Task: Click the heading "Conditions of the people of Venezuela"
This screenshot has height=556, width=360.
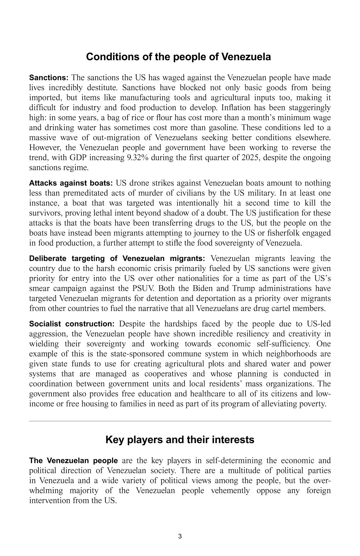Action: click(x=178, y=57)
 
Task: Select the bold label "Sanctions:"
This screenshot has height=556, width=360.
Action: click(x=49, y=78)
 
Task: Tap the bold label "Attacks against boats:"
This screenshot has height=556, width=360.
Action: click(x=71, y=183)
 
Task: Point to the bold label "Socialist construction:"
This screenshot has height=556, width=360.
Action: click(x=72, y=324)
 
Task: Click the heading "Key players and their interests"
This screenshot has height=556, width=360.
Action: click(x=180, y=440)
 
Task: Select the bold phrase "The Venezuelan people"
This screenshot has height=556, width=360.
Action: click(x=73, y=461)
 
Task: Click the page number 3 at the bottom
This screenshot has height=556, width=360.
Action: click(x=180, y=537)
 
